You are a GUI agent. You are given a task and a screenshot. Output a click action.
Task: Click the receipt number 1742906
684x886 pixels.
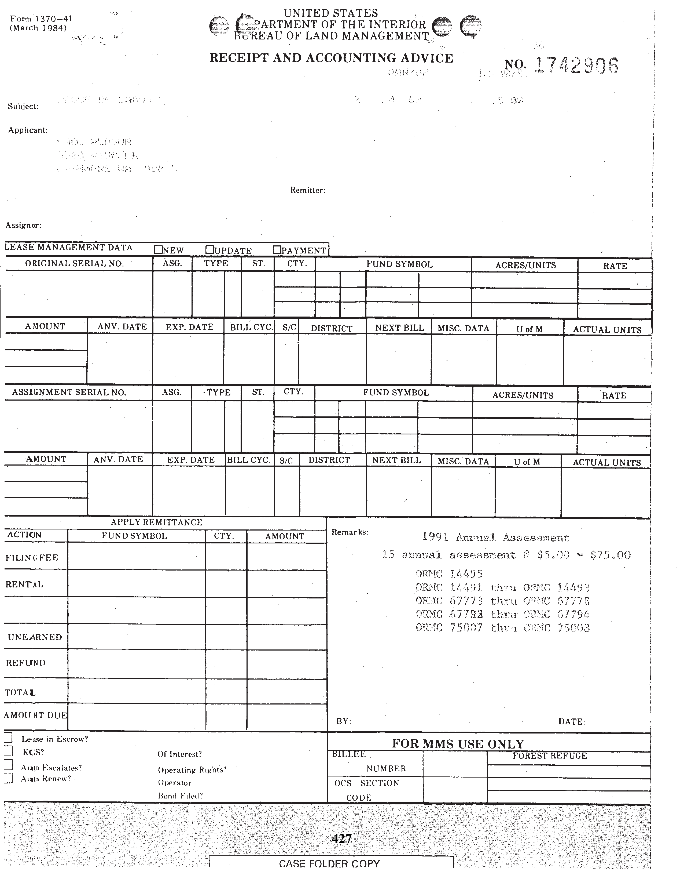click(576, 65)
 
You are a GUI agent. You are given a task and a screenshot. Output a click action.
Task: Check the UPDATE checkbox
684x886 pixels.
click(209, 249)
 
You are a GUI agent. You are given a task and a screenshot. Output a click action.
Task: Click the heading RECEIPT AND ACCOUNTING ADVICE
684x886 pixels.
click(331, 58)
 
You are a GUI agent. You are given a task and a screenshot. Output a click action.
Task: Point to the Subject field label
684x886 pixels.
click(23, 107)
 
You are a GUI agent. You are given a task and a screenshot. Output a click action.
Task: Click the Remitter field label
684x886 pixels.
click(308, 190)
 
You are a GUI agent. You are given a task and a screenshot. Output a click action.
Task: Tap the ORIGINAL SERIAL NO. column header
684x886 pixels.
click(74, 264)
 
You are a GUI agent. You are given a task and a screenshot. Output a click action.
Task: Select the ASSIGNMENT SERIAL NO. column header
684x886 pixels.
click(69, 392)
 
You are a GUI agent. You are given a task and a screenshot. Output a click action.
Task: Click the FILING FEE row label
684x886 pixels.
click(32, 557)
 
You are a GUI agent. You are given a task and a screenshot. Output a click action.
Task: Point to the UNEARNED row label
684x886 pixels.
click(35, 637)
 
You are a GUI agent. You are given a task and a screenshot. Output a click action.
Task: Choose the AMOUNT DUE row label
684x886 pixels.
click(36, 715)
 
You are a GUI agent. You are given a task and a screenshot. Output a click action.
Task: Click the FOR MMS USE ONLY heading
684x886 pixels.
click(458, 744)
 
